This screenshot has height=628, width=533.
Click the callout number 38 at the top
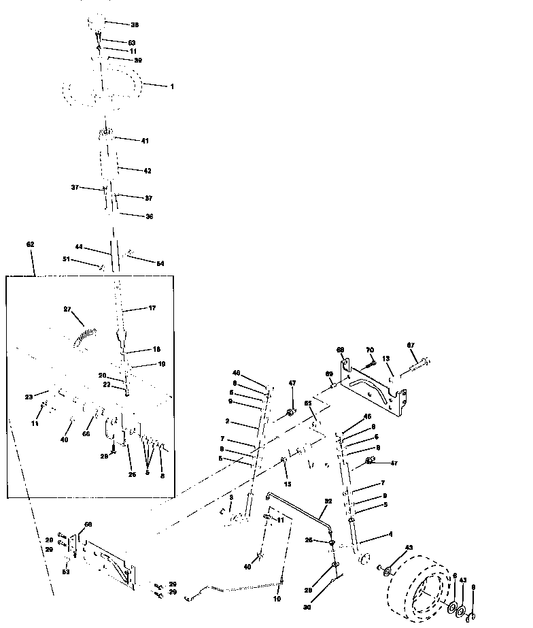pos(135,24)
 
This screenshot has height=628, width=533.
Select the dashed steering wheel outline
pos(102,90)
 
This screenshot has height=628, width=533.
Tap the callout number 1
pos(172,86)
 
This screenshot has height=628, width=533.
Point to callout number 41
pos(144,141)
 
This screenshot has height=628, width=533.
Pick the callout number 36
pos(150,216)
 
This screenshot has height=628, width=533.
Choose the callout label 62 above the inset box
pos(30,244)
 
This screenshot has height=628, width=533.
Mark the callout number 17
pos(152,308)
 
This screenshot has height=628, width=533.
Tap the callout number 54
pos(160,263)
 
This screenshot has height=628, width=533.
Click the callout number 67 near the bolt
pos(410,346)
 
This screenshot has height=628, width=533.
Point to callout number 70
pos(370,350)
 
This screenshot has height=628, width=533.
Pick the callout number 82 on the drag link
pos(328,501)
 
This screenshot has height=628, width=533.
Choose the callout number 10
pos(277,599)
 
